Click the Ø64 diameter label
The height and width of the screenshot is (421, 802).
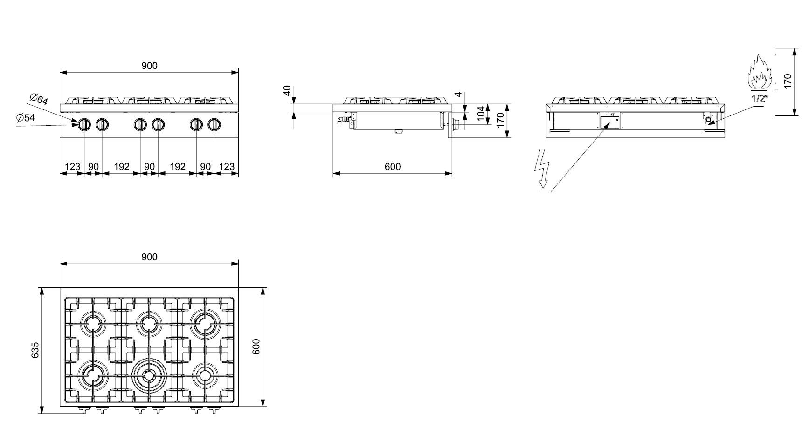tap(38, 99)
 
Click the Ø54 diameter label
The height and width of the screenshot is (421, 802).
tap(26, 118)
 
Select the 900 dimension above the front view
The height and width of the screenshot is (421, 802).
tap(149, 66)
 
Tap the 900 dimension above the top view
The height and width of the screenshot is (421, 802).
tap(149, 257)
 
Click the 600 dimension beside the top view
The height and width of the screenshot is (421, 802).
tap(256, 347)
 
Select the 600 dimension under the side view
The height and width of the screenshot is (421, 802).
tap(393, 166)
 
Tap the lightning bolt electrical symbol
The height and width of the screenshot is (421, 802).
tap(543, 168)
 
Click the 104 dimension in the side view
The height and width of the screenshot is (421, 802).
tap(481, 114)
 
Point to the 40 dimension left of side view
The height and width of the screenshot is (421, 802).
tap(288, 90)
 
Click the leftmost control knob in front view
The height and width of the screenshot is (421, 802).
tap(84, 124)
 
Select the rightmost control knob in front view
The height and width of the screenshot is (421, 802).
tap(214, 124)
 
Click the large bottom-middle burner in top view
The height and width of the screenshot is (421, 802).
tap(149, 375)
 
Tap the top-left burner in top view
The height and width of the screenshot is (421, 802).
tap(92, 323)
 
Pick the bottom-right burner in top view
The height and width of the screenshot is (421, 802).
tap(205, 375)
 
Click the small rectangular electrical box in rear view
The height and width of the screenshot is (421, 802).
tap(610, 122)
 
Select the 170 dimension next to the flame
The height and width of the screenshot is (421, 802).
tap(788, 81)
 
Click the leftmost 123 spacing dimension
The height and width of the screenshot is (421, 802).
tap(72, 166)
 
